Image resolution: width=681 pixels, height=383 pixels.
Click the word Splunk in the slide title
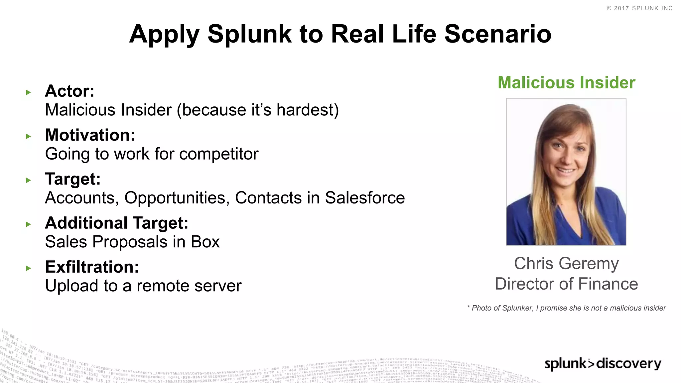coord(249,35)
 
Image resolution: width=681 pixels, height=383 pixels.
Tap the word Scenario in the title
coord(498,34)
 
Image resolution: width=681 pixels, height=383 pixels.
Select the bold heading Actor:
coord(69,91)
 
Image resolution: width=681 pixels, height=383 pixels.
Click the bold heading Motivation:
coord(90,135)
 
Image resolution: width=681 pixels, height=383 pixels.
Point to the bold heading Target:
coord(73,179)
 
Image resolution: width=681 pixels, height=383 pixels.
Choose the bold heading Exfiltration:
coord(92,267)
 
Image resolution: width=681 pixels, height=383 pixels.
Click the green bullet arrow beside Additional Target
coord(28,224)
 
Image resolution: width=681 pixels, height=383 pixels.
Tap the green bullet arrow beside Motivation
coord(28,136)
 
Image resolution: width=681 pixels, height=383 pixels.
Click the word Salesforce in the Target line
coord(365,198)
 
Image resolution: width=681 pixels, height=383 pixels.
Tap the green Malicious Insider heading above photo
coord(566,82)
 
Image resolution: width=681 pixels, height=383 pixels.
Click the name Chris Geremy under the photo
coord(566,264)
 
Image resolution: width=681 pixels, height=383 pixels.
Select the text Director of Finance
coord(566,284)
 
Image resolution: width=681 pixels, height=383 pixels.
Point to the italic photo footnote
coord(566,308)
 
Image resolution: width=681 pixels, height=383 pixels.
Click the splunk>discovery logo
coord(603,363)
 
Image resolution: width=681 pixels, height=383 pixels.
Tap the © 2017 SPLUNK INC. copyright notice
coord(640,8)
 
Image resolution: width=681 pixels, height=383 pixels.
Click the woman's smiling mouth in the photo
coord(566,171)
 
